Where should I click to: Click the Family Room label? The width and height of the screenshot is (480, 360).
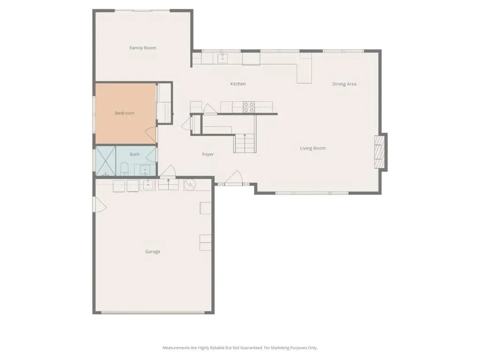tap(142, 48)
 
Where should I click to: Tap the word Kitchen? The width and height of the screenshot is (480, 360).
tap(238, 84)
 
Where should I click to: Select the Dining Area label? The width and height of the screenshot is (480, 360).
tap(345, 84)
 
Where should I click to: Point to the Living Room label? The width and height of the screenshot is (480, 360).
tap(313, 148)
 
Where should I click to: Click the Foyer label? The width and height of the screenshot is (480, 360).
tap(208, 154)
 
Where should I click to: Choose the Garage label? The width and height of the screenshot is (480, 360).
tap(152, 252)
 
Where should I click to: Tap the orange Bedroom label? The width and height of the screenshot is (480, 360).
tap(125, 113)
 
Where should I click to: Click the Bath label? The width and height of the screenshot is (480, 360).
tap(135, 154)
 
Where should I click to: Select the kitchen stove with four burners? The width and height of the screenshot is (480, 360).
tap(249, 107)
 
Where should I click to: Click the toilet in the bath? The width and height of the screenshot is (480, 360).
tap(124, 169)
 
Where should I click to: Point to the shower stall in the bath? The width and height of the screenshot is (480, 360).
tap(105, 161)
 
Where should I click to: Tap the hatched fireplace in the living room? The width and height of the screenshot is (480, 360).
tap(380, 152)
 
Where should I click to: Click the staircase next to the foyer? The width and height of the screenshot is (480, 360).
tap(245, 143)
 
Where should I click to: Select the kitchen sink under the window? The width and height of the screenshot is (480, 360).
tap(223, 58)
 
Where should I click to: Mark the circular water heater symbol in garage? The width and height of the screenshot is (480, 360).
tap(190, 184)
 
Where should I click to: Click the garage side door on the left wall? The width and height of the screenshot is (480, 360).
tap(100, 204)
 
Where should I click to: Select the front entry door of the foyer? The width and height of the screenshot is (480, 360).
tap(234, 178)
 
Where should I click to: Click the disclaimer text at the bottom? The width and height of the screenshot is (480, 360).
tap(240, 348)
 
